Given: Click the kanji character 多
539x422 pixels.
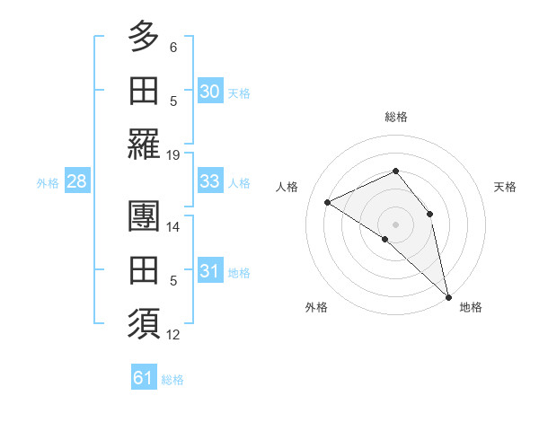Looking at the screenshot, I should tap(145, 37).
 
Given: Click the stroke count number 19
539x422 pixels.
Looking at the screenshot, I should tap(174, 154).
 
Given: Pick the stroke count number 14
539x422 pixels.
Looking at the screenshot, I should tap(174, 227).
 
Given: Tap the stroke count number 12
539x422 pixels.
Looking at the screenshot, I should tap(174, 335).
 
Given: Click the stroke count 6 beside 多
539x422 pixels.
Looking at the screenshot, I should tap(174, 48).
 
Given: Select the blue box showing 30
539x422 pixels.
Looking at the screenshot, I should tap(210, 92).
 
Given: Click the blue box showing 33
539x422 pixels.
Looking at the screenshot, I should tap(210, 181).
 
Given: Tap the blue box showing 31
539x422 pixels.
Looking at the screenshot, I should tap(210, 271).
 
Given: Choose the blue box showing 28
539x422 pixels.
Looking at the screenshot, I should tap(76, 181).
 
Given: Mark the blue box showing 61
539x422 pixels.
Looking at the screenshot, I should tap(143, 378).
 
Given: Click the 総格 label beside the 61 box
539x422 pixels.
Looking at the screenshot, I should tap(172, 380).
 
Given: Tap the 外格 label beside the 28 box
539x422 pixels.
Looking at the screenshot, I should tap(48, 183).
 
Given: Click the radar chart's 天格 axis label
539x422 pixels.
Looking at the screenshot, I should tap(505, 187).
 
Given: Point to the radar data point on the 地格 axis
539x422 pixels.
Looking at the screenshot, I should tap(448, 295).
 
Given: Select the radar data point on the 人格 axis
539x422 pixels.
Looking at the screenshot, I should tap(328, 202).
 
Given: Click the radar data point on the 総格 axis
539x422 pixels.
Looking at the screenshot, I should tap(395, 171).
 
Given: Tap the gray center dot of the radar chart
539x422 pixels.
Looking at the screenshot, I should tap(395, 224).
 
